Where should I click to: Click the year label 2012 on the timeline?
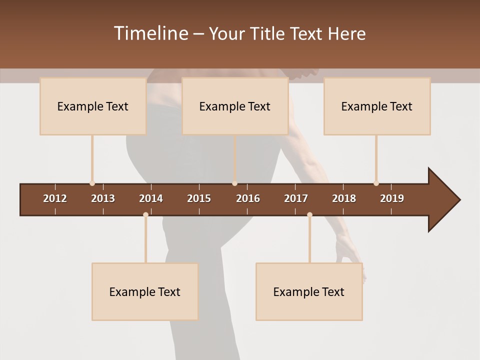[x=55, y=198]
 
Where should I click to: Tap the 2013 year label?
[x=103, y=198]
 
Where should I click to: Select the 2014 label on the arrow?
[x=151, y=198]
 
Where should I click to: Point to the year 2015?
[x=199, y=198]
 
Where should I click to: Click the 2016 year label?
[x=248, y=198]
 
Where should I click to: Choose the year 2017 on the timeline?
[x=296, y=198]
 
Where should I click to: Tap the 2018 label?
[x=344, y=198]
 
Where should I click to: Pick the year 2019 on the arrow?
[x=392, y=198]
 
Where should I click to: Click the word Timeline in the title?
[x=150, y=33]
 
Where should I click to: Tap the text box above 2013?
[x=93, y=106]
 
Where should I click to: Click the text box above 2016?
[x=235, y=106]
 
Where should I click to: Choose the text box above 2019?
[x=377, y=106]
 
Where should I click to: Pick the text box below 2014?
[x=145, y=291]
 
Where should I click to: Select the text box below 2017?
[x=309, y=291]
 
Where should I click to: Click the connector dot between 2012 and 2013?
[x=92, y=183]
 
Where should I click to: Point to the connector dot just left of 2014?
[x=145, y=215]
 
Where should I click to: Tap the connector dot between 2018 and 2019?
[x=376, y=183]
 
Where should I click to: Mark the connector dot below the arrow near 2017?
[x=309, y=215]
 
